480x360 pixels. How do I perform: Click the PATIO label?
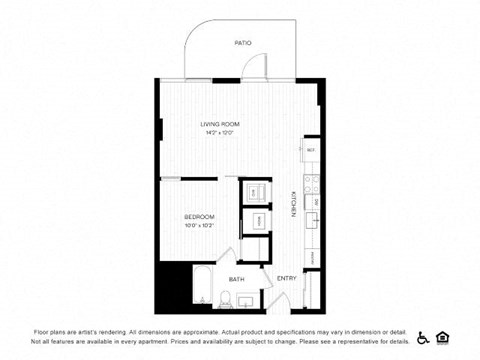point(242,44)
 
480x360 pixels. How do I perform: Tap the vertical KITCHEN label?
point(293,203)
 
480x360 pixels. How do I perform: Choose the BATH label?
point(236,280)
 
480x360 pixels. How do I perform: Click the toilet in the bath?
point(228,298)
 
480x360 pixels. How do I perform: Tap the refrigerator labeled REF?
point(311,150)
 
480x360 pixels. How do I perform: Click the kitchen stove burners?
point(312,182)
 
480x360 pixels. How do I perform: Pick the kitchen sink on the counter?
point(312,215)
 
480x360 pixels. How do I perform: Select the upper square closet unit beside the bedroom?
point(254,190)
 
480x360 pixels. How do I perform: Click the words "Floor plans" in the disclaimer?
point(49,330)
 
